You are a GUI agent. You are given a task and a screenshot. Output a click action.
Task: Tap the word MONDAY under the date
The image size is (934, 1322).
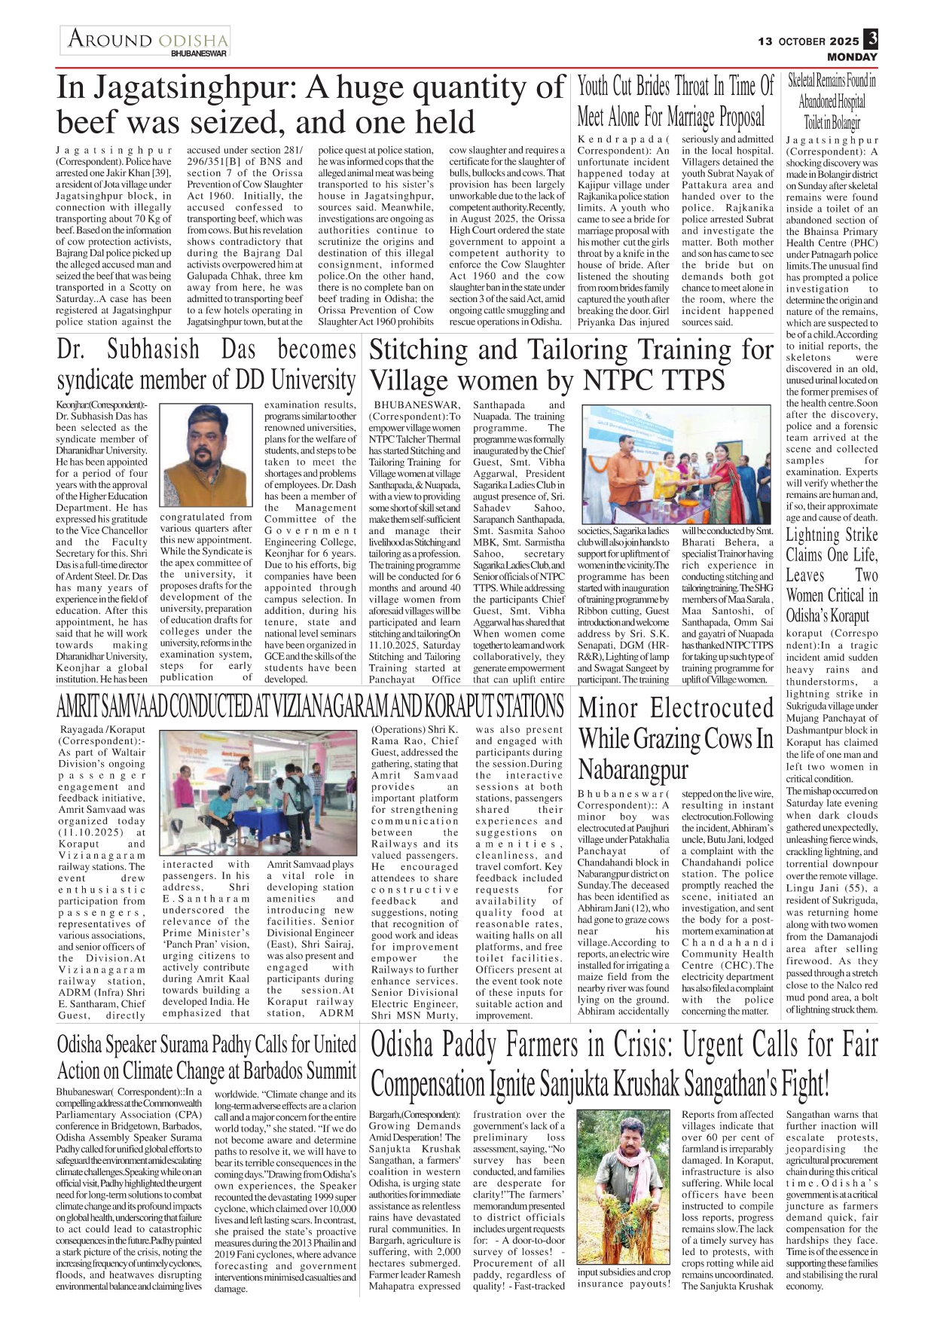coord(852,57)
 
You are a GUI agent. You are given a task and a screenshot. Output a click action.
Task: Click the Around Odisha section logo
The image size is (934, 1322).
coord(146,39)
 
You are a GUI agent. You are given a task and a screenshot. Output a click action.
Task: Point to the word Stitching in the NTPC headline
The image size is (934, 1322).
coord(419,350)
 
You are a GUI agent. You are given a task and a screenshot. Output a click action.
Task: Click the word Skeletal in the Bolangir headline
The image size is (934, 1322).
coord(805,81)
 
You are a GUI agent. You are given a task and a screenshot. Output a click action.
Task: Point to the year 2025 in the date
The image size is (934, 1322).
coord(844,41)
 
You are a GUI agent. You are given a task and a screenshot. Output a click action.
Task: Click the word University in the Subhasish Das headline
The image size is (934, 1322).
coord(313,380)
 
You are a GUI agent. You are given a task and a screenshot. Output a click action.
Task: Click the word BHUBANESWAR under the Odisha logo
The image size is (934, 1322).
coord(199,54)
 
